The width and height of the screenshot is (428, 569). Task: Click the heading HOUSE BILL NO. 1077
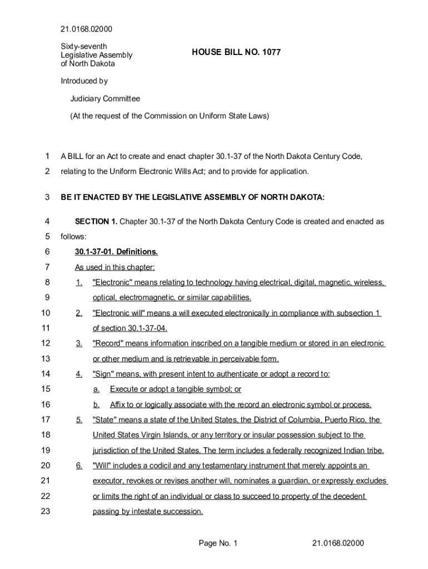(236, 52)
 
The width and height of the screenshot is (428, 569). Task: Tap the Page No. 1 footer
(218, 543)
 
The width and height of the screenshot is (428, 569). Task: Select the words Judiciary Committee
(105, 98)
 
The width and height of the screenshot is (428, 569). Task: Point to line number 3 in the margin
(47, 197)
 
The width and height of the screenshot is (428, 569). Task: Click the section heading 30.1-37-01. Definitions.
(116, 252)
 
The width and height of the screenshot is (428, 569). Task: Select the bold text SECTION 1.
(96, 222)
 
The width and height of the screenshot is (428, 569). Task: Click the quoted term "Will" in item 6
(103, 466)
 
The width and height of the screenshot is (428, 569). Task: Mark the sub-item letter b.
(96, 405)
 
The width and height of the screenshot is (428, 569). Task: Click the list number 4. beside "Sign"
(79, 374)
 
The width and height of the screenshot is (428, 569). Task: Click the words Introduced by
(84, 81)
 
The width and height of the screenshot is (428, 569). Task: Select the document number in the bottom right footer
(338, 543)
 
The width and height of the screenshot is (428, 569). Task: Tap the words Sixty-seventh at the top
(84, 46)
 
